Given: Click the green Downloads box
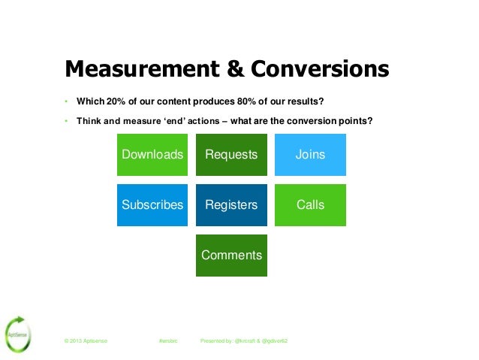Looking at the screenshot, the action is coord(152,155).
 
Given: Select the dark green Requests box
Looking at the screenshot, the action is coord(231,155).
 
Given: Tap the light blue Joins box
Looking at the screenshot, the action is coord(310,155).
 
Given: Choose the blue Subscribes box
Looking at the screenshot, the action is coord(152,204).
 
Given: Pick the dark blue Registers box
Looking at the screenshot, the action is coord(231,204).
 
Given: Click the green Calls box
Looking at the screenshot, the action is coord(310,204).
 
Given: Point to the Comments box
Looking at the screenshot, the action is coord(231,255).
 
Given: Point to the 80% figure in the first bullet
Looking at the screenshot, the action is coord(251,101).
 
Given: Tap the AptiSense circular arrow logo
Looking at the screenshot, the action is coord(16,334).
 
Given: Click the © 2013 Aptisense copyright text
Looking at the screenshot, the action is coord(86,341).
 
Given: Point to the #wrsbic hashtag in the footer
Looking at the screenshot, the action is coord(168,341).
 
